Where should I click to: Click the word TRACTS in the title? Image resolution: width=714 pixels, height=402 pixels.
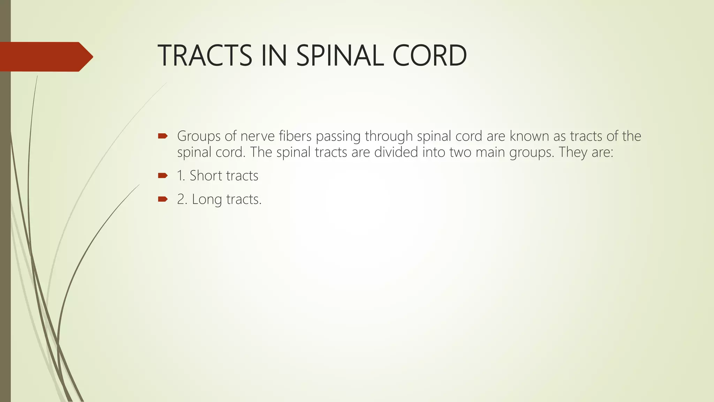point(205,56)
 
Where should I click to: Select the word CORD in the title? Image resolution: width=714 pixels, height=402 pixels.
point(430,56)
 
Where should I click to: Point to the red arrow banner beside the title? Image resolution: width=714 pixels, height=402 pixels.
point(46,57)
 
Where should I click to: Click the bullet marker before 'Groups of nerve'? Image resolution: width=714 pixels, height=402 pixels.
point(163,136)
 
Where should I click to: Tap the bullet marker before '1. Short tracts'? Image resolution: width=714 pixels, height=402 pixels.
point(163,176)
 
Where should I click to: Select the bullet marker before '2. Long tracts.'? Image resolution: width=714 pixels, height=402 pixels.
point(163,199)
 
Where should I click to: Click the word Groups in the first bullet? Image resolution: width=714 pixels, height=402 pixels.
point(199,136)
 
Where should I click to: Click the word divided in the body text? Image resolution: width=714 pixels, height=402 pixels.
point(396,152)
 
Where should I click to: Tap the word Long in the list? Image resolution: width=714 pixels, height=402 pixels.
point(207,200)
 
